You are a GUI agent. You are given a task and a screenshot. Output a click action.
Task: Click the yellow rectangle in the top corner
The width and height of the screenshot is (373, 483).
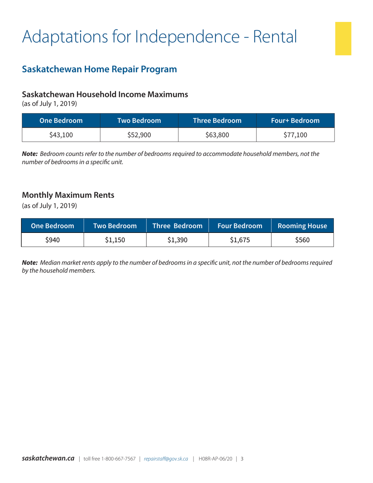[343, 38]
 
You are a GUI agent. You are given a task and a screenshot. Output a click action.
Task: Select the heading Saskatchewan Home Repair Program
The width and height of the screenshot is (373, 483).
[99, 70]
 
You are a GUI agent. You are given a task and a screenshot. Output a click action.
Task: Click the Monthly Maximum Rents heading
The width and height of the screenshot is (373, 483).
[68, 194]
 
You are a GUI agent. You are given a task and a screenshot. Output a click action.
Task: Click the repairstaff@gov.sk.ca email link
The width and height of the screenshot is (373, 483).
[166, 459]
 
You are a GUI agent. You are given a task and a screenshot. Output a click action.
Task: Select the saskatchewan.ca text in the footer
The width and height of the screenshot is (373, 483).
[48, 458]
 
